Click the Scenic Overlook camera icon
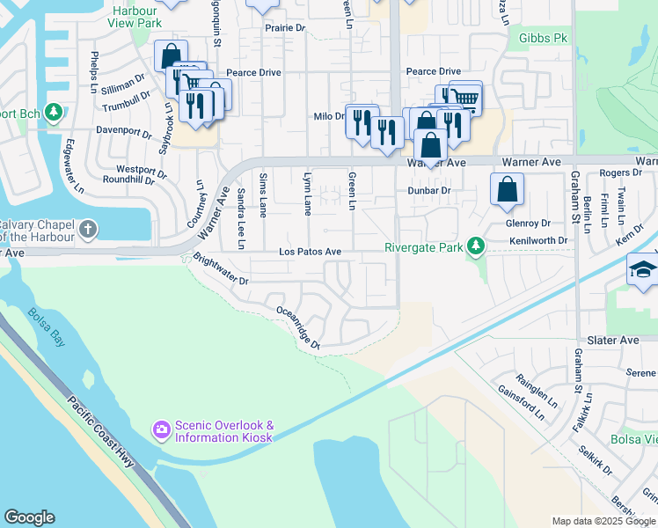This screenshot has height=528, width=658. click(162, 429)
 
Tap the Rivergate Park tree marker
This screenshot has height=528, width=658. click(476, 246)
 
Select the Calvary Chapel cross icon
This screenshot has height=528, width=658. click(86, 230)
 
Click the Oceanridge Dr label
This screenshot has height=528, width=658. click(297, 327)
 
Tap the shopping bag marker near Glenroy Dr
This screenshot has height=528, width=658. click(508, 189)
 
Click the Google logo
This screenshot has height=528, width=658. click(30, 517)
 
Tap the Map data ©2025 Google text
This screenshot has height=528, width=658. click(603, 521)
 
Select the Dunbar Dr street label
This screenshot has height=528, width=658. click(428, 190)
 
